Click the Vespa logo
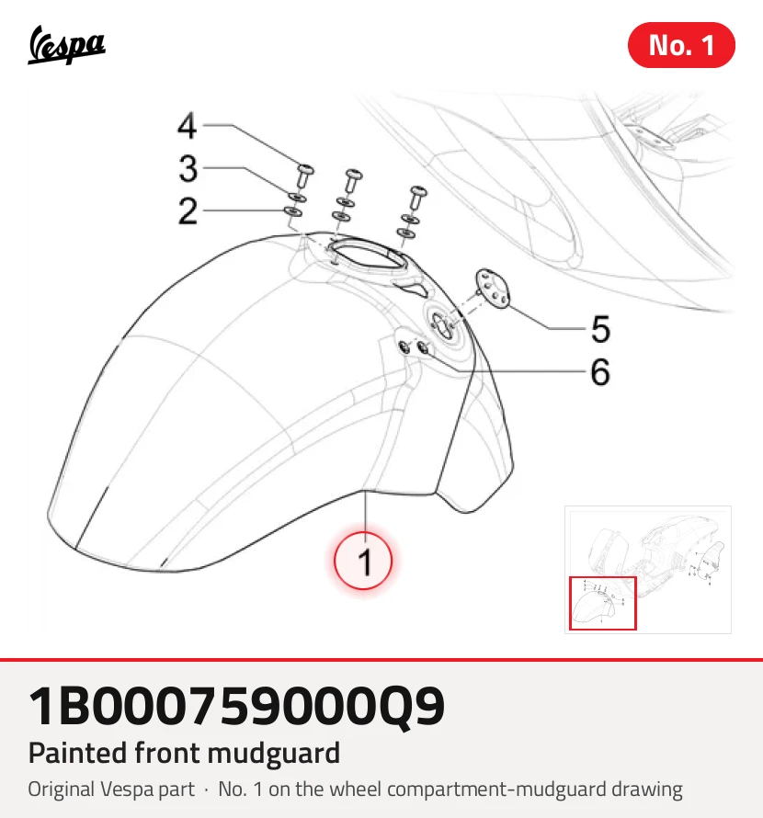coord(66,45)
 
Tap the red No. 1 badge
coord(681,45)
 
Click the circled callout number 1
coord(363,561)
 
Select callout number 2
coord(188,211)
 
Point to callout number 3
coord(188,168)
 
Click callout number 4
coord(188,126)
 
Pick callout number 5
coord(600,329)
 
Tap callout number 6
coord(600,372)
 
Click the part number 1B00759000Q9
coord(236,707)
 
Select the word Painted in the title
coord(78,754)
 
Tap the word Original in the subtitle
coord(61,790)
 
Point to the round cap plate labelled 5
coord(492,289)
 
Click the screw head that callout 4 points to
coord(305,169)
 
